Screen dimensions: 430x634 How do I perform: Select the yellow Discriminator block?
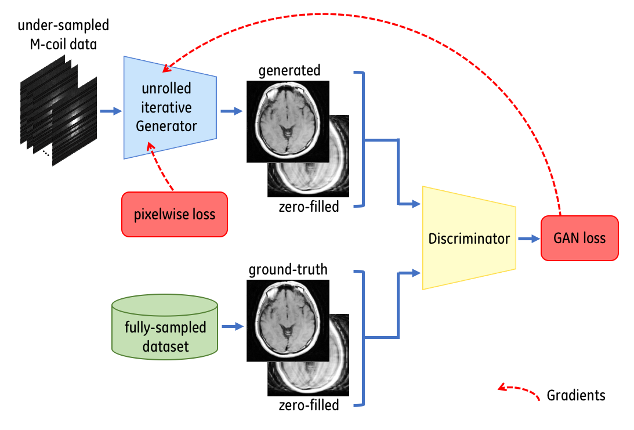point(469,239)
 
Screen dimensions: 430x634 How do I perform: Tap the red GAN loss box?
point(579,238)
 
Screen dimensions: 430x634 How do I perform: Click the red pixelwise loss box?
point(174,215)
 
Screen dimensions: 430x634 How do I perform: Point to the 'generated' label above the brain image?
point(289,71)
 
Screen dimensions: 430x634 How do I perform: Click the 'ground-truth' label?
point(288,270)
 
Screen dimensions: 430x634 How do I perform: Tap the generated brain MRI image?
point(288,121)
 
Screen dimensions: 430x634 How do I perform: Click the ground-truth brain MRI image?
point(288,320)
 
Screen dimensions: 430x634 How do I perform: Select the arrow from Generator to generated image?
point(231,111)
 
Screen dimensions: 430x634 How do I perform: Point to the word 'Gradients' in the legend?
point(575,396)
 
